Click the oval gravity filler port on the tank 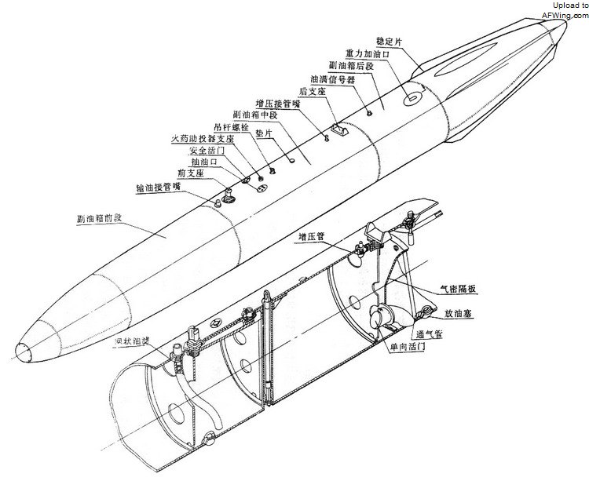pyautogui.click(x=411, y=99)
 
